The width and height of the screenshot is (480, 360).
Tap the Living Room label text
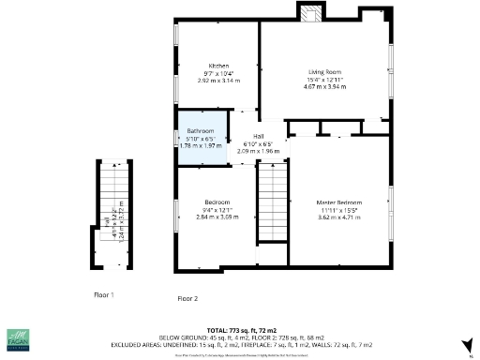(x=324, y=71)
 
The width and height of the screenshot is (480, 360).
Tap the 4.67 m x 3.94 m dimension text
(x=324, y=86)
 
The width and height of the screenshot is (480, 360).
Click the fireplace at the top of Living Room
(x=310, y=12)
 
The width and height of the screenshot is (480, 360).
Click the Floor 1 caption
(x=103, y=294)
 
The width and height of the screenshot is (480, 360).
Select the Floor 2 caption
(x=187, y=298)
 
